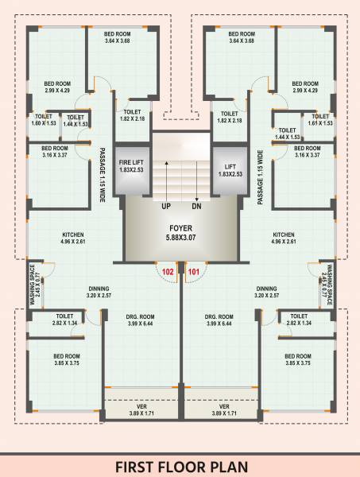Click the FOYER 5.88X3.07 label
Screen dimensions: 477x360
180,231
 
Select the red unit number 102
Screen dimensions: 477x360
168,271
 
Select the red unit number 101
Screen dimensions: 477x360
193,271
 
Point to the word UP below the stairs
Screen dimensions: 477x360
167,206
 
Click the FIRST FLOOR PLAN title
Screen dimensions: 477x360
180,465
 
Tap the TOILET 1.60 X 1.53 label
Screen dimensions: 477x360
45,121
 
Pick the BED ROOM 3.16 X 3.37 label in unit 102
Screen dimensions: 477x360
55,152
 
